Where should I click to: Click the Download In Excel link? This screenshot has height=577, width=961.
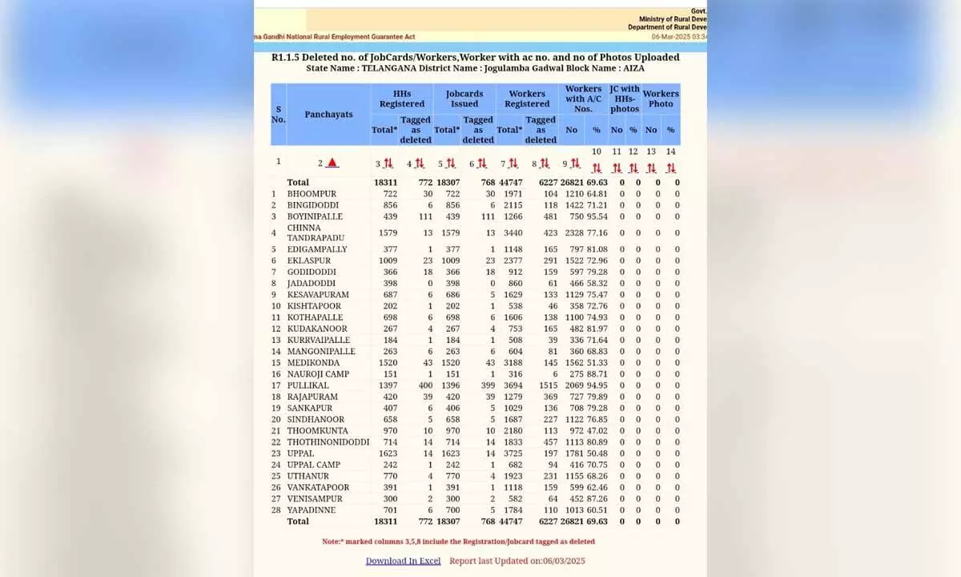click(403, 561)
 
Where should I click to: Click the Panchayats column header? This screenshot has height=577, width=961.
click(328, 115)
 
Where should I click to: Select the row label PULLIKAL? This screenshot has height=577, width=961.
click(308, 385)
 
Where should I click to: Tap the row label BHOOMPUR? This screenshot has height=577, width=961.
click(312, 194)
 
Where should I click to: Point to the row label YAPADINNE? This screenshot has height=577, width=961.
click(312, 510)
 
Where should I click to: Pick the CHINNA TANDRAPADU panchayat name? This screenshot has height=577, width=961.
click(316, 232)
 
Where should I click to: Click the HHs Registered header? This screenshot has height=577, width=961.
click(402, 99)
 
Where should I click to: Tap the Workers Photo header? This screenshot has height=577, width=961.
click(661, 99)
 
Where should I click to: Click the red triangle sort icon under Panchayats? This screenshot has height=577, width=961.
click(332, 163)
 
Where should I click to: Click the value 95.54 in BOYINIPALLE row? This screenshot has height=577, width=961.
click(597, 216)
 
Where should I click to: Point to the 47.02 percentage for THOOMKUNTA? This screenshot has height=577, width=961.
click(597, 430)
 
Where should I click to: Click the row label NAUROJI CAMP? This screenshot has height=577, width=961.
click(318, 374)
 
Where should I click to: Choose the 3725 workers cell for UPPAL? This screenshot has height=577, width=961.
click(510, 453)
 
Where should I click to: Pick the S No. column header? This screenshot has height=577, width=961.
click(279, 115)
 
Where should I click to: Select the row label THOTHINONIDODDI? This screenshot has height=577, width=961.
click(328, 442)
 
